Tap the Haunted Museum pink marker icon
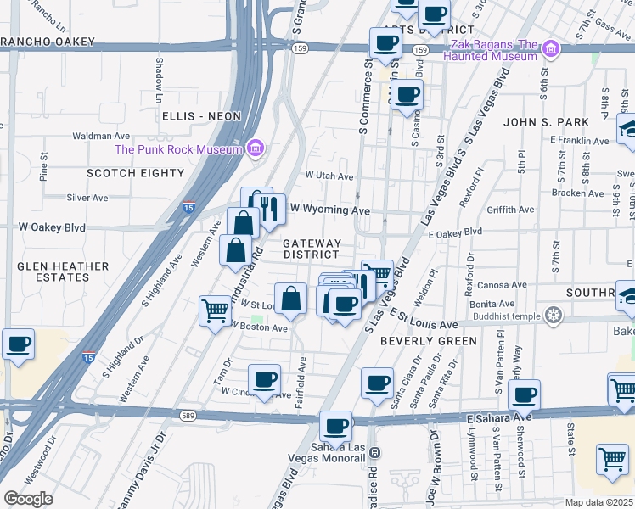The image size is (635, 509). point(552,50)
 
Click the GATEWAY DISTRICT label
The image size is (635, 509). point(312,249)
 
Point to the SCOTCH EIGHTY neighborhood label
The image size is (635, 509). point(135,173)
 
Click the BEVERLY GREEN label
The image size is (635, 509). point(428,341)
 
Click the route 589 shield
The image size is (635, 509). point(188,415)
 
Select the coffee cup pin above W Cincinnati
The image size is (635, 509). point(264,379)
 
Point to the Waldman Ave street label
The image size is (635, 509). point(101,136)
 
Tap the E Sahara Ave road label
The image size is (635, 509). point(498,417)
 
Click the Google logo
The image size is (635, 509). point(28,498)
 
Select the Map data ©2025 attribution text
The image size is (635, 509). point(598,502)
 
